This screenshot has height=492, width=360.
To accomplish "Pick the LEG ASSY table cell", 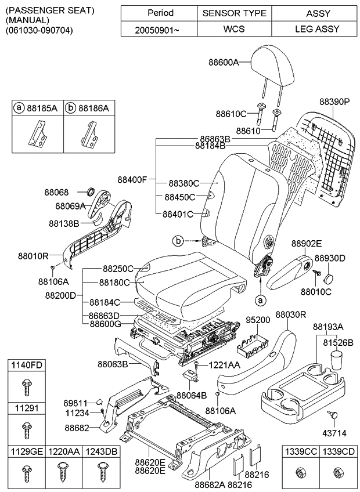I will (318, 29).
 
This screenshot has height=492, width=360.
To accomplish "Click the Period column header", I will (160, 13).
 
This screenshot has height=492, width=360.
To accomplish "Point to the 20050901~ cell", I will (160, 29).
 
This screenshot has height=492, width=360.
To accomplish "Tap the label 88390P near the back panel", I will (334, 101).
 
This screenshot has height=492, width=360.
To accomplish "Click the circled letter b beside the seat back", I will (179, 240).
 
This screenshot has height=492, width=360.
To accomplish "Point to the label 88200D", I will (60, 295).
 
